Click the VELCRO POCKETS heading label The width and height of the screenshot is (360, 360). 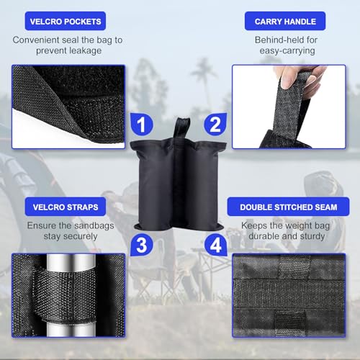(66, 21)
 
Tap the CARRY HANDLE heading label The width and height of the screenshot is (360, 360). (285, 21)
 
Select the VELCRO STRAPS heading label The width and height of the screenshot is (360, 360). (66, 207)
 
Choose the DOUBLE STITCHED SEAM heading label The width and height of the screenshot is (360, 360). (288, 207)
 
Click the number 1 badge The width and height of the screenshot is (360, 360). (142, 125)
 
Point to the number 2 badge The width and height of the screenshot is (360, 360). (215, 125)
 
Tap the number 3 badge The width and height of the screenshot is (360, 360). (142, 245)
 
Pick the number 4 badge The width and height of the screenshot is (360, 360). (216, 245)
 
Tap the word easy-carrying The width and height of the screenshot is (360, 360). (287, 51)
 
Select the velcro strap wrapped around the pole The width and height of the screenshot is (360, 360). (65, 296)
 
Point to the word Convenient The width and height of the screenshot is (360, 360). (36, 40)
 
